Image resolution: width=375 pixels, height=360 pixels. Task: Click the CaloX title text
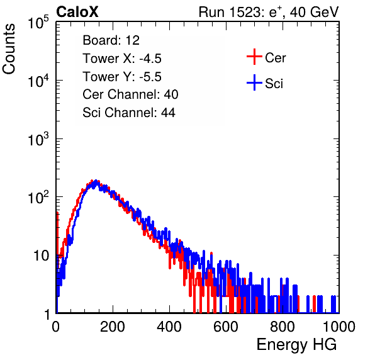coord(77,12)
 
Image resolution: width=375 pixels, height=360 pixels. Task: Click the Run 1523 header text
coord(269,12)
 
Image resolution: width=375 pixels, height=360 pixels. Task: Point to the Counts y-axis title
coord(9,49)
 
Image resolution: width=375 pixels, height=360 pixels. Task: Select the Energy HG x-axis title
coord(296,345)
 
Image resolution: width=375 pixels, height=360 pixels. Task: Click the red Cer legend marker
coord(254,57)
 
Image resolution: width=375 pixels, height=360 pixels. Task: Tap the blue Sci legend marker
coord(254,83)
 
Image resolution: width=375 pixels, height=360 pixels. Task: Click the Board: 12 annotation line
coord(111,40)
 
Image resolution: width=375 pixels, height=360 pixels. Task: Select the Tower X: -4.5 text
coord(122,59)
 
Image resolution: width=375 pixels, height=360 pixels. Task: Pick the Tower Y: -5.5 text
coord(122,77)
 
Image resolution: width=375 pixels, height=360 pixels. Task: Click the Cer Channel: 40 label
coord(130,94)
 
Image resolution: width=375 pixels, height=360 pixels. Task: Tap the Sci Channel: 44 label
coord(129,113)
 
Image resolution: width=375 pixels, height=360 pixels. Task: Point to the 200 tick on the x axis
coord(113,327)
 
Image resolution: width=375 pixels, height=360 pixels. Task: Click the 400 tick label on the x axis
coord(169,327)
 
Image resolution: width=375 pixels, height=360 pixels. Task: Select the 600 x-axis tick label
coord(226,327)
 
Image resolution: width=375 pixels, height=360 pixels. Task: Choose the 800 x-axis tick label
coord(283,327)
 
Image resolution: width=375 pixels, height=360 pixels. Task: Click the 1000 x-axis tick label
coord(339,327)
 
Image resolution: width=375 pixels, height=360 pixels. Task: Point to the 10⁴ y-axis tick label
coord(38,80)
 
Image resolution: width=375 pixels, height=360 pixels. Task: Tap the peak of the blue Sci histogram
coord(96,181)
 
